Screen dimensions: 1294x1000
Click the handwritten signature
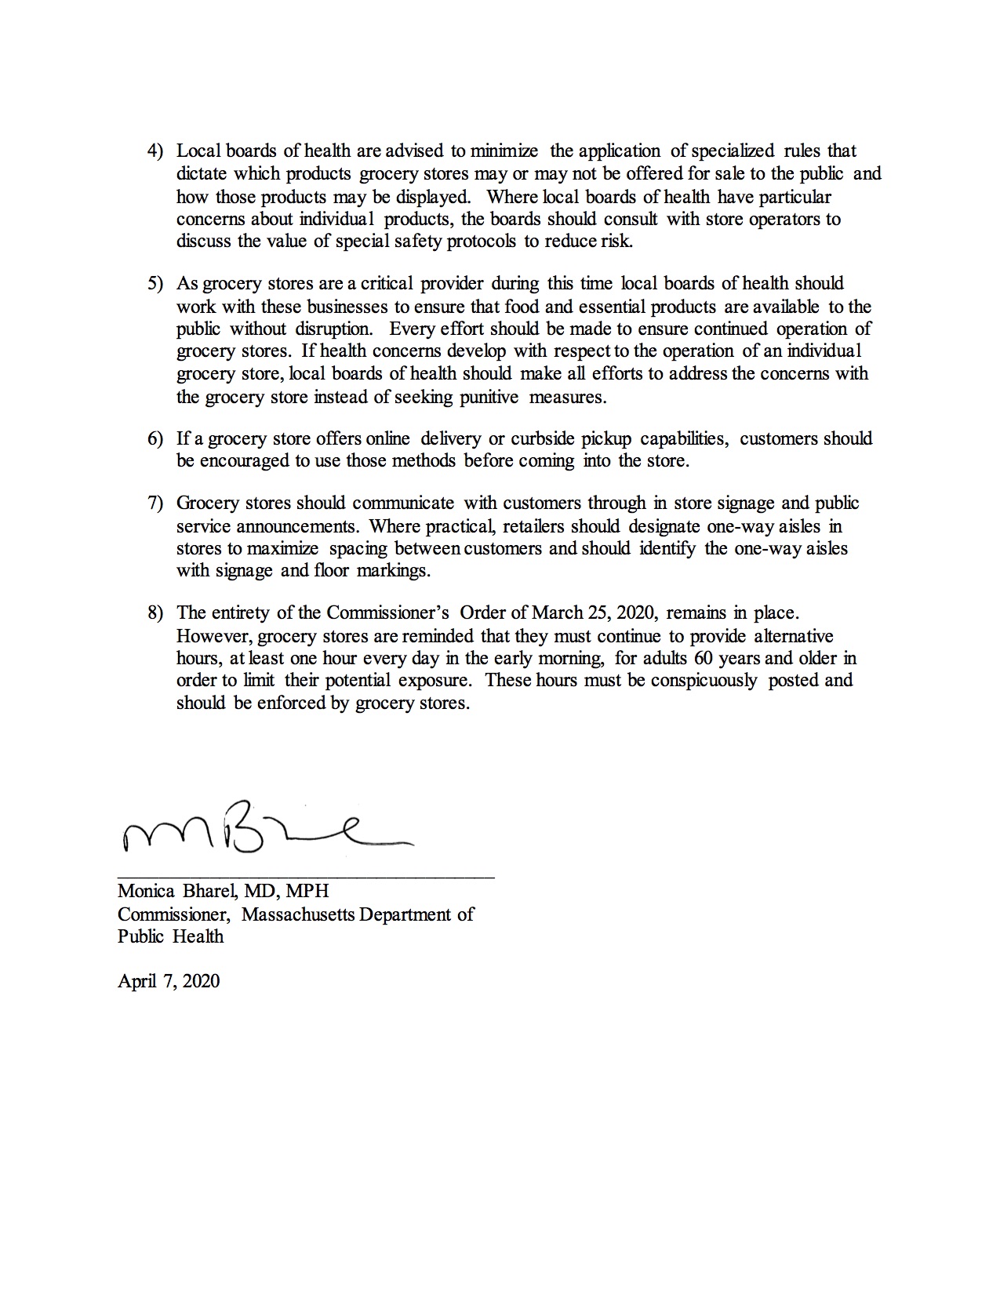pyautogui.click(x=267, y=828)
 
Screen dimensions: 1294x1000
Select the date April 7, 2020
pyautogui.click(x=169, y=981)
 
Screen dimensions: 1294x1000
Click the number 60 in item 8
pyautogui.click(x=703, y=658)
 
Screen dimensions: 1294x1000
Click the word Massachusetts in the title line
pyautogui.click(x=298, y=914)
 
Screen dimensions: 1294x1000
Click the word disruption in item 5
pyautogui.click(x=333, y=329)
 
